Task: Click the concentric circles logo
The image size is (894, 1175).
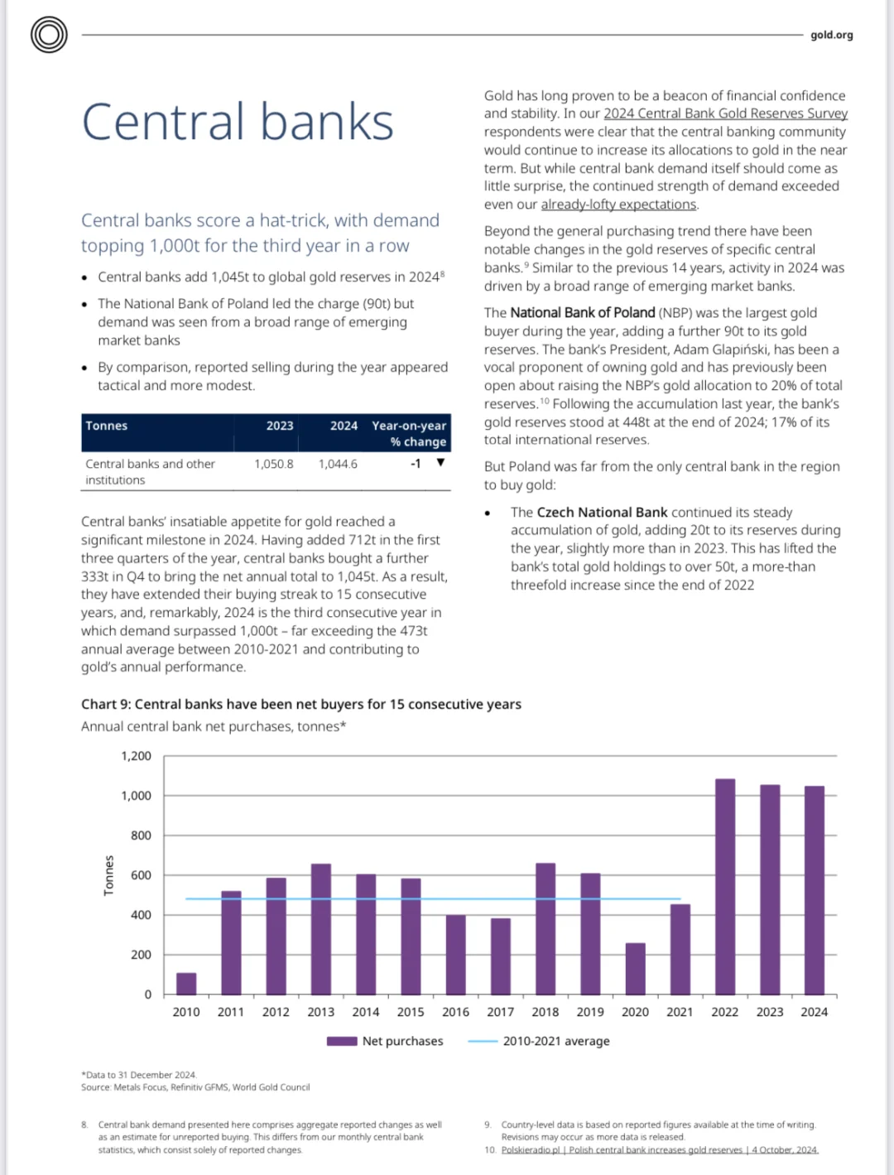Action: [x=49, y=35]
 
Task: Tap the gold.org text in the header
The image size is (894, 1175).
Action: [x=831, y=36]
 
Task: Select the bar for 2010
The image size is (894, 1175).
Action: [x=186, y=984]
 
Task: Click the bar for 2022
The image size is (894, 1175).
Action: [x=725, y=887]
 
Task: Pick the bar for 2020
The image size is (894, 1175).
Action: [x=635, y=968]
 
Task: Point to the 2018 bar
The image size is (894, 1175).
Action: [x=546, y=929]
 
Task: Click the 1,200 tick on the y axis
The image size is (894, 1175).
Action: [x=136, y=756]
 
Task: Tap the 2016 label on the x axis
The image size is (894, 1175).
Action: [x=455, y=1012]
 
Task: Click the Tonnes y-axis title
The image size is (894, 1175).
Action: [x=108, y=875]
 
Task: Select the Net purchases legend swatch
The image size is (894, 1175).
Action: [x=342, y=1041]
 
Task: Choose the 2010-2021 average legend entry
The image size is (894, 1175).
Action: [x=539, y=1041]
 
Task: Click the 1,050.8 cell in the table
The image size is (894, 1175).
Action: [x=274, y=464]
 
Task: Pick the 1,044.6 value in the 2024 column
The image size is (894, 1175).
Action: [x=338, y=464]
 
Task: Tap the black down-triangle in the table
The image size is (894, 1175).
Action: [x=440, y=462]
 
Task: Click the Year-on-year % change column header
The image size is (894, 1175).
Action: [x=409, y=434]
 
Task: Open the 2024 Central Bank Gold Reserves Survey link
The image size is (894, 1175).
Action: [x=725, y=113]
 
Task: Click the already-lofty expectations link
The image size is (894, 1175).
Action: [x=618, y=205]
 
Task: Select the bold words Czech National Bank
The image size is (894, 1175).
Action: [x=602, y=513]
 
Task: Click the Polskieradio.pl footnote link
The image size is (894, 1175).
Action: [x=660, y=1150]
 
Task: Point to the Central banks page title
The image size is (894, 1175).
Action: [x=238, y=122]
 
